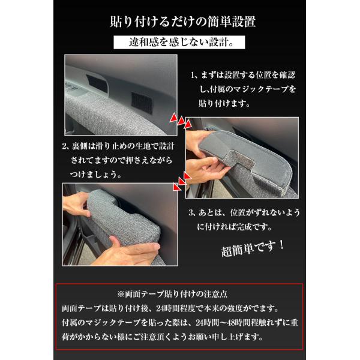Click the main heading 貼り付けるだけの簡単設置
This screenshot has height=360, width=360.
[183, 22]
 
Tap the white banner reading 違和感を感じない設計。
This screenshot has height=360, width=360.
[179, 42]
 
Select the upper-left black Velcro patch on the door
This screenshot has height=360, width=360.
[97, 83]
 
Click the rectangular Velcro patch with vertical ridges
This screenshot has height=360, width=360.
[142, 103]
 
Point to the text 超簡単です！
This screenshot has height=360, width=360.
[253, 248]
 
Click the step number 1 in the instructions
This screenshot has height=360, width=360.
[193, 75]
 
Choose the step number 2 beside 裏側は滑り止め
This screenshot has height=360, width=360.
[65, 146]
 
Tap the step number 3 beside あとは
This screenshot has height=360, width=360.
[191, 212]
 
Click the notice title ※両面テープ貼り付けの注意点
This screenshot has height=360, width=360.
[172, 294]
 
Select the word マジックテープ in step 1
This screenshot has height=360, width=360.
[260, 89]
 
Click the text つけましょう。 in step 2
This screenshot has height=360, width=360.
[95, 175]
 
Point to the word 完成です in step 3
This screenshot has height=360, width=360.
[251, 227]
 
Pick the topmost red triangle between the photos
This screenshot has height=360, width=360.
[173, 118]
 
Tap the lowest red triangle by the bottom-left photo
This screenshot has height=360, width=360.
[177, 187]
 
